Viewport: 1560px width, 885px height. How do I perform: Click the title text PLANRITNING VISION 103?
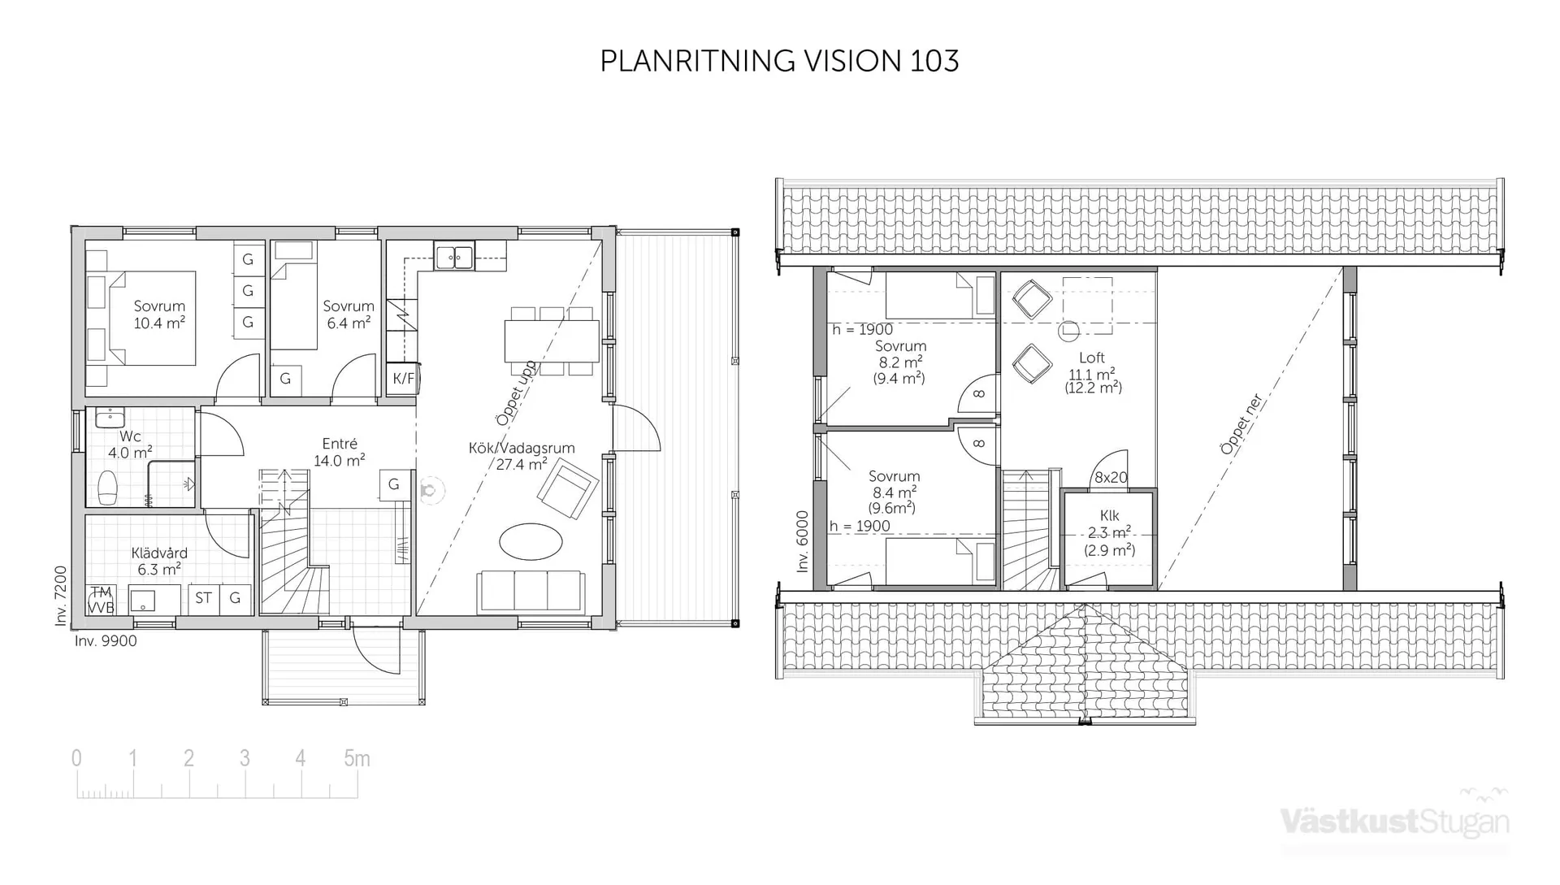coord(779,61)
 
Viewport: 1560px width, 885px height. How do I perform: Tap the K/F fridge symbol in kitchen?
coord(402,379)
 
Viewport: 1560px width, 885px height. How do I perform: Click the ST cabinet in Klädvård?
coord(203,598)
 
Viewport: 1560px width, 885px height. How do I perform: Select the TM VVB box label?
coord(101,600)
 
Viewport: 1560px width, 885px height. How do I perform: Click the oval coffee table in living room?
coord(531,541)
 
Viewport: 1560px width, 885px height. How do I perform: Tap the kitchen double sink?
coord(454,258)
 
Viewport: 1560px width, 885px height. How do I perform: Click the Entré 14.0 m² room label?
coord(340,453)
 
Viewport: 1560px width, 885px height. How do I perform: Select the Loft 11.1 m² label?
coord(1092,371)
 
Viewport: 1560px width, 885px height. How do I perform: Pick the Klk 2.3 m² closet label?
coord(1109,532)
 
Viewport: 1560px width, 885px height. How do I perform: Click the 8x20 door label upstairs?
coord(1110,478)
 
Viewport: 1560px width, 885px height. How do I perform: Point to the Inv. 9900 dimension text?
coord(106,641)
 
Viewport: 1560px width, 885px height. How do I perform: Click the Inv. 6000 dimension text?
coord(803,541)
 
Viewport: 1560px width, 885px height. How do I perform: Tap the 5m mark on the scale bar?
coord(357,759)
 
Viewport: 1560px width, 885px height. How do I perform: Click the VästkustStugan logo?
coord(1395,821)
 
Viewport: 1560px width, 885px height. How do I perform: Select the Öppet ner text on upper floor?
coord(1242,424)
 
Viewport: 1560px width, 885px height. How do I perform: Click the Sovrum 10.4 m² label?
coord(159,315)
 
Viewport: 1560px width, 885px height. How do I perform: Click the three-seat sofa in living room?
coord(531,591)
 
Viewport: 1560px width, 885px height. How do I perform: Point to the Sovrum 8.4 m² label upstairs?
coord(894,492)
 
